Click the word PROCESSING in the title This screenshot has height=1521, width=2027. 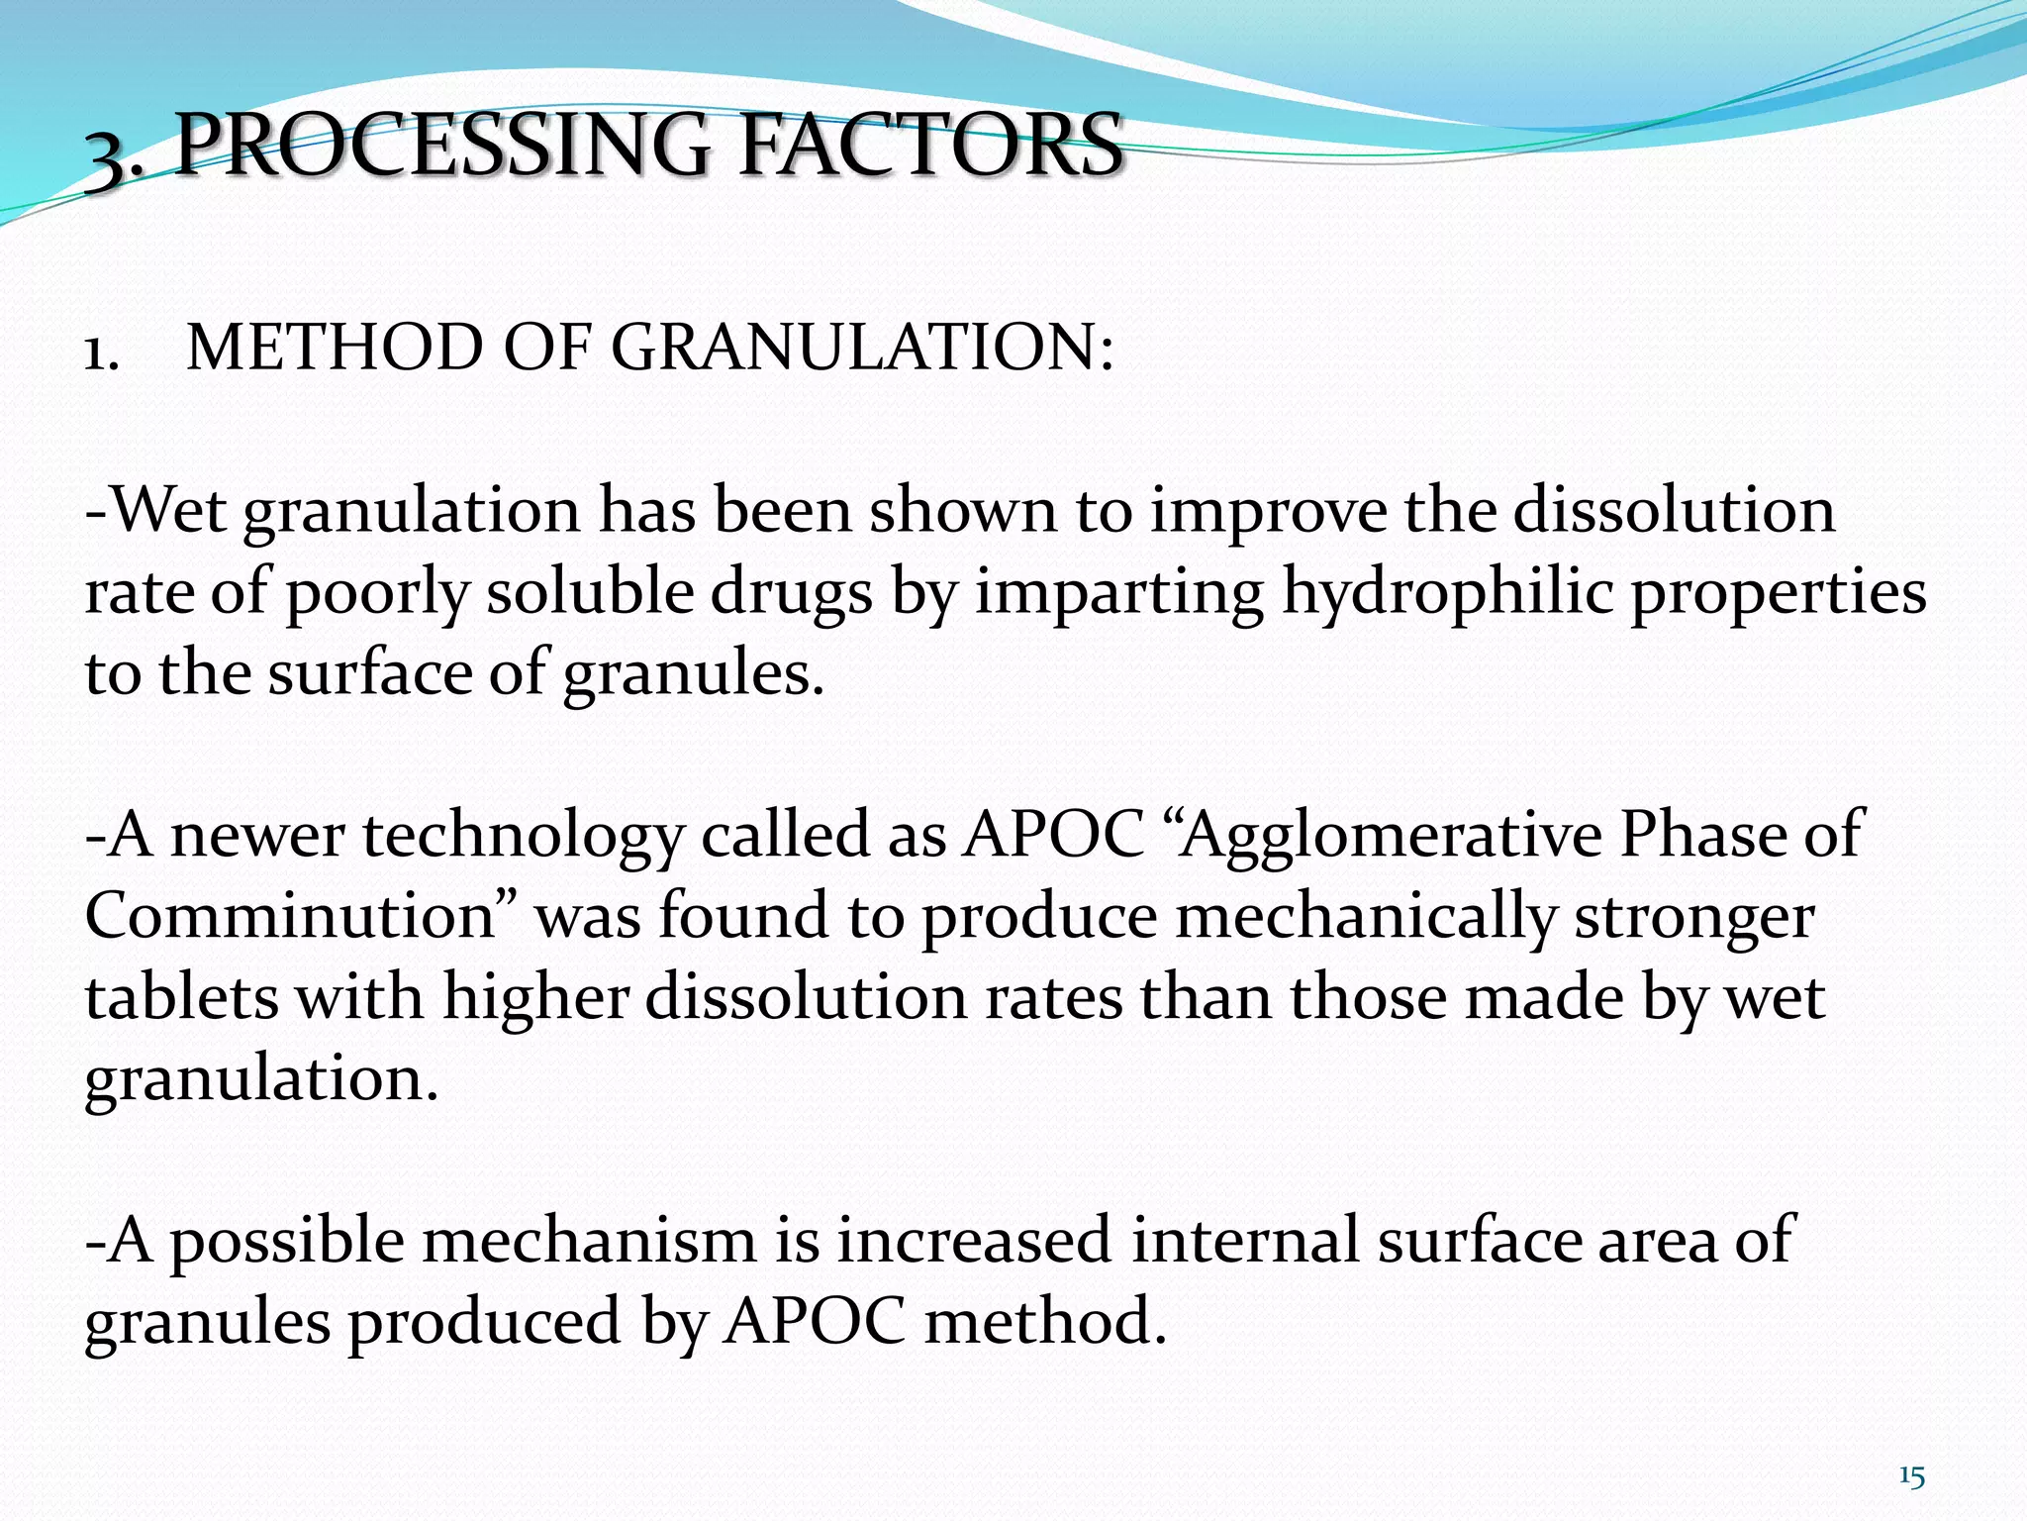pos(442,147)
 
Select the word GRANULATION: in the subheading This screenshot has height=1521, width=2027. pos(862,349)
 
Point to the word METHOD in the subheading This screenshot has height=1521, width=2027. pos(334,349)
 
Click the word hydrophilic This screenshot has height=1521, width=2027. pos(1447,594)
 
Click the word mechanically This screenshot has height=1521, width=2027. pos(1365,917)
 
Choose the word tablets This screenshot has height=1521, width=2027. pos(181,996)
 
